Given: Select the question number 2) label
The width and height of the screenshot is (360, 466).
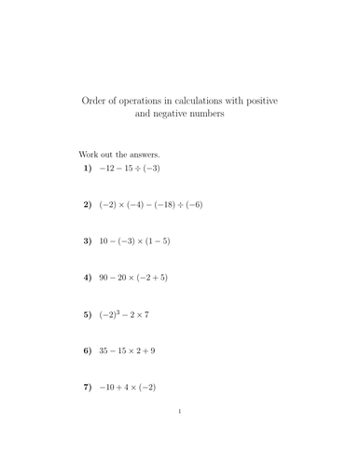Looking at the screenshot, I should (x=88, y=204).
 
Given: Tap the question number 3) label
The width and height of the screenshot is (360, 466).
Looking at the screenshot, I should (x=88, y=240).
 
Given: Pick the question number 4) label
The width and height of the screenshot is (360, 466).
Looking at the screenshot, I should (x=88, y=277).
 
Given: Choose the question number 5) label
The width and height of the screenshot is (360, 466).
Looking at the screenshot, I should (x=88, y=314).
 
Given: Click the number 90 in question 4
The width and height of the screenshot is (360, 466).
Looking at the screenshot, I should (x=104, y=277).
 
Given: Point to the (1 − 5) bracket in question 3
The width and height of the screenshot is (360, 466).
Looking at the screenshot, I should (x=155, y=240).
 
